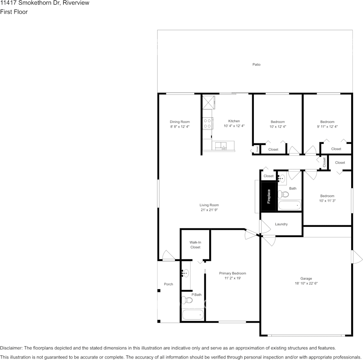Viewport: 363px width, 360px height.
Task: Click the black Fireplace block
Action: click(x=269, y=196)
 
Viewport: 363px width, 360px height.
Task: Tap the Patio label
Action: click(x=256, y=65)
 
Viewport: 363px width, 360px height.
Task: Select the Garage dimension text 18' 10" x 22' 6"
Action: click(x=306, y=283)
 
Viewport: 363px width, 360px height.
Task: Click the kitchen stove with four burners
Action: click(x=207, y=123)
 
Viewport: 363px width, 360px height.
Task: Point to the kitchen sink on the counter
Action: click(x=220, y=145)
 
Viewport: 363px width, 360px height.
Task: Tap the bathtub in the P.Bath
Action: click(x=193, y=315)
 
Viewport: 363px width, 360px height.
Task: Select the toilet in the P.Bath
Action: click(x=187, y=300)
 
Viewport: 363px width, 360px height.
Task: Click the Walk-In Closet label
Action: click(x=195, y=245)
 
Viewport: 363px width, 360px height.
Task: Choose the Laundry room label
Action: click(x=281, y=224)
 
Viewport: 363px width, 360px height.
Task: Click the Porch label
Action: click(x=168, y=284)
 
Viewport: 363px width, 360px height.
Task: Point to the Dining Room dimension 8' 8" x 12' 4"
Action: click(x=180, y=126)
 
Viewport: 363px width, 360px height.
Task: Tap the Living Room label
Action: click(x=209, y=205)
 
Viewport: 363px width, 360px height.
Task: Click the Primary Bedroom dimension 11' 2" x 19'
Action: click(x=232, y=278)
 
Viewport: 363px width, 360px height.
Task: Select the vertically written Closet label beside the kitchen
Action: click(x=257, y=149)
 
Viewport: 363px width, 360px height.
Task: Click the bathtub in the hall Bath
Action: click(x=290, y=205)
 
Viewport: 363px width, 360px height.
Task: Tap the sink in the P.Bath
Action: click(x=185, y=273)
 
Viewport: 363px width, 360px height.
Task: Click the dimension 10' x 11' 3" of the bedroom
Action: click(x=327, y=201)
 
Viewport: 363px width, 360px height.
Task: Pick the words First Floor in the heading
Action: click(x=14, y=12)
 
